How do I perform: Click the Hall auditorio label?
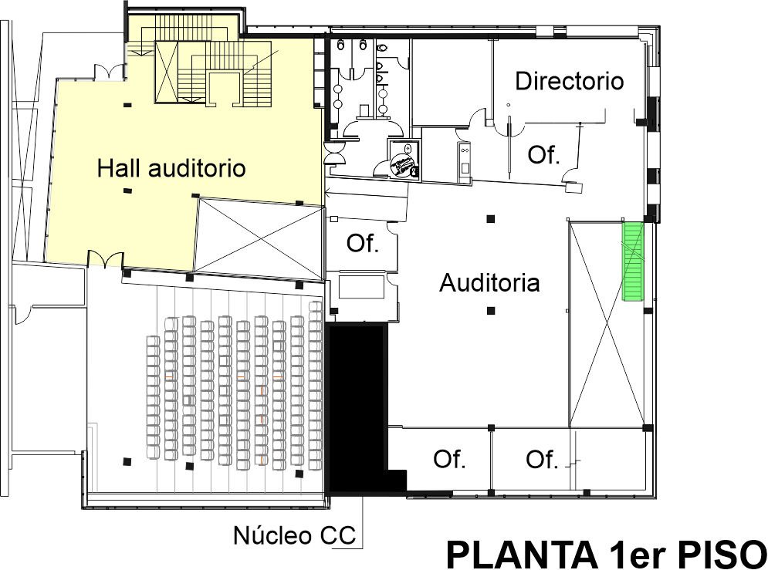pyautogui.click(x=171, y=168)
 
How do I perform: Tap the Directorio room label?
pyautogui.click(x=569, y=81)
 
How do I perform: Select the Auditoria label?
pyautogui.click(x=489, y=283)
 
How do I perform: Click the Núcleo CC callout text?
pyautogui.click(x=294, y=535)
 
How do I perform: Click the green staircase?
pyautogui.click(x=632, y=261)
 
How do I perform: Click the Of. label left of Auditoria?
pyautogui.click(x=363, y=243)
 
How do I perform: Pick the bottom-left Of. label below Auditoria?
pyautogui.click(x=449, y=459)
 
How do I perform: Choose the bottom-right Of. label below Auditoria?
pyautogui.click(x=542, y=460)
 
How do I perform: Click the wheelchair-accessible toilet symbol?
pyautogui.click(x=404, y=165)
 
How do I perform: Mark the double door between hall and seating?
pyautogui.click(x=105, y=259)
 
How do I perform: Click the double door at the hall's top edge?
pyautogui.click(x=109, y=71)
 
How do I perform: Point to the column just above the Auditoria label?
pyautogui.click(x=490, y=219)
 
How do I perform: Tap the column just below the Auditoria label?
pyautogui.click(x=491, y=310)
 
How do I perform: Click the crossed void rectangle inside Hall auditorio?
pyautogui.click(x=259, y=239)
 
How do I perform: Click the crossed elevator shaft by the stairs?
pyautogui.click(x=166, y=73)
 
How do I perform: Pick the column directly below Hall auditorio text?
pyautogui.click(x=127, y=191)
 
